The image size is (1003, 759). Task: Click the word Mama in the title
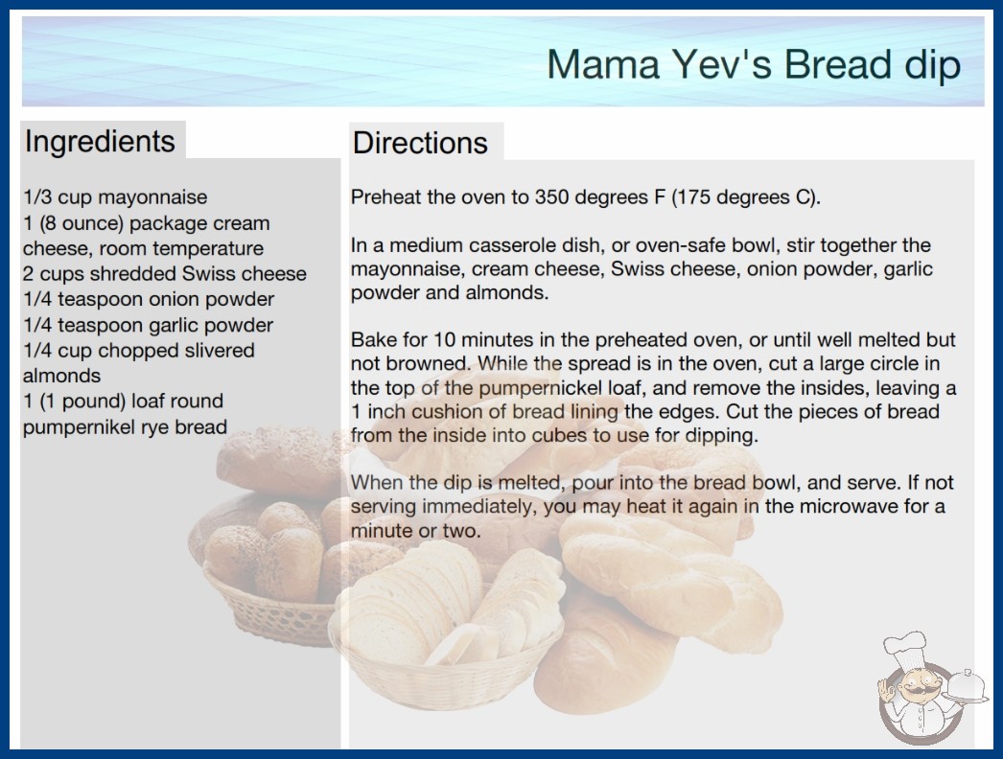(603, 64)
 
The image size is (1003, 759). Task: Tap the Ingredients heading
(100, 141)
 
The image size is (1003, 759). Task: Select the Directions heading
(420, 143)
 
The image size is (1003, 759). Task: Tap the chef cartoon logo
(930, 688)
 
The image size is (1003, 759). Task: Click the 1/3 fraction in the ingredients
(37, 197)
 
